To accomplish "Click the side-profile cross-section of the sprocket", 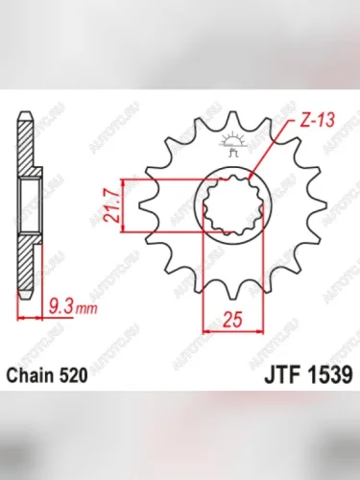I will click(29, 206).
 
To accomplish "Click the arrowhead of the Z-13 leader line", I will click(252, 177).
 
